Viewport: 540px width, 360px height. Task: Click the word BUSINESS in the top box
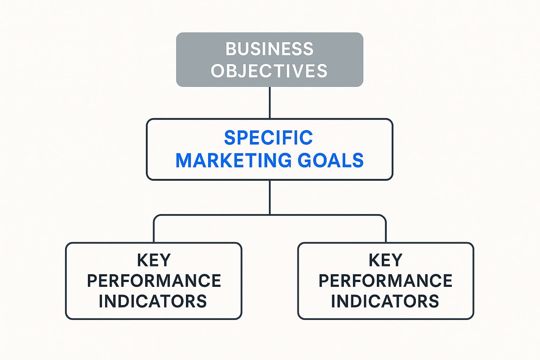pyautogui.click(x=269, y=49)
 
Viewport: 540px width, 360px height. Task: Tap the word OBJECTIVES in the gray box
pyautogui.click(x=269, y=71)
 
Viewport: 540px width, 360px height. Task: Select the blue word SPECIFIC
pyautogui.click(x=269, y=137)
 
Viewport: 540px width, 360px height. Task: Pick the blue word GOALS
pyautogui.click(x=330, y=160)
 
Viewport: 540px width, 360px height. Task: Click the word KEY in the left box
pyautogui.click(x=154, y=260)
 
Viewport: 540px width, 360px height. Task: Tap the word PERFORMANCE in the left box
pyautogui.click(x=154, y=281)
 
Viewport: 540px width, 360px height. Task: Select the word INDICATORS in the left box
pyautogui.click(x=153, y=301)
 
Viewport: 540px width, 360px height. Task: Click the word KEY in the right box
pyautogui.click(x=385, y=260)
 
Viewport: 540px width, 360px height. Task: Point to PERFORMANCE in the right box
pyautogui.click(x=385, y=281)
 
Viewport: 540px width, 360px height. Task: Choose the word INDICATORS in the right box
pyautogui.click(x=385, y=301)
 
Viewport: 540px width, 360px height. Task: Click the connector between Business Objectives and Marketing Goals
pyautogui.click(x=270, y=102)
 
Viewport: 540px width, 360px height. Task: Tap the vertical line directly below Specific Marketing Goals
pyautogui.click(x=270, y=197)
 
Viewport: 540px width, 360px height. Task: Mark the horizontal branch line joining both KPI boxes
pyautogui.click(x=270, y=215)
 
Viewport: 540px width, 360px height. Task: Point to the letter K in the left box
pyautogui.click(x=142, y=260)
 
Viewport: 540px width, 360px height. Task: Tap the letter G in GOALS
pyautogui.click(x=304, y=160)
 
